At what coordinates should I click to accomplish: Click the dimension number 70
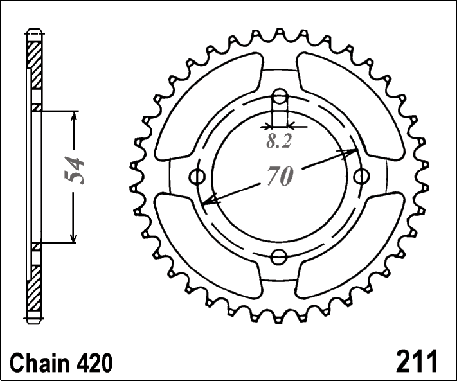[x=280, y=175]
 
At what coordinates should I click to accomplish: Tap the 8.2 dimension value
[x=278, y=141]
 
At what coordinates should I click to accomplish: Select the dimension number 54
[x=74, y=170]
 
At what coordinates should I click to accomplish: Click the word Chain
[x=40, y=362]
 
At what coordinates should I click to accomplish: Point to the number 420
[x=94, y=362]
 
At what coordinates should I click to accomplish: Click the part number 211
[x=417, y=360]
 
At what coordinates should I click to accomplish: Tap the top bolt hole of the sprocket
[x=280, y=96]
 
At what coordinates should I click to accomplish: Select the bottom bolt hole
[x=279, y=257]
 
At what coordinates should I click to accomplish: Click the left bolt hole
[x=197, y=176]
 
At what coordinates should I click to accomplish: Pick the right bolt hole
[x=362, y=176]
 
